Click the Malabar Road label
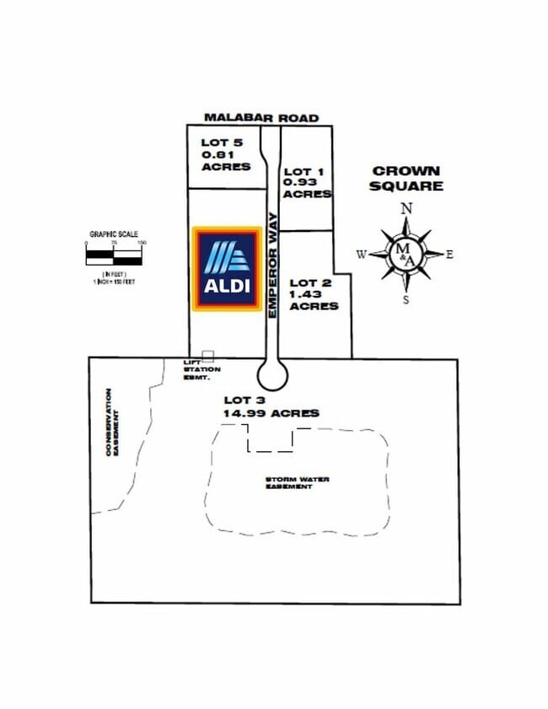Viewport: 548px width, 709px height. pyautogui.click(x=261, y=118)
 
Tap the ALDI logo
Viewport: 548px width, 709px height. pyautogui.click(x=227, y=270)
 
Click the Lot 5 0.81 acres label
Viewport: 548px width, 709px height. pyautogui.click(x=225, y=154)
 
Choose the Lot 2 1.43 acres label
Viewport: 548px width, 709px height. pyautogui.click(x=314, y=294)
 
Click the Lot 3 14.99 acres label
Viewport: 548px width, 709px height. pyautogui.click(x=271, y=406)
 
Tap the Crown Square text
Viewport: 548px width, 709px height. pyautogui.click(x=406, y=178)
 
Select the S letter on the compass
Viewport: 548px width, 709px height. pyautogui.click(x=406, y=299)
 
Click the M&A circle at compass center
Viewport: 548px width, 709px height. pyautogui.click(x=406, y=252)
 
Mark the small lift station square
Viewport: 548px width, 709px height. pyautogui.click(x=208, y=357)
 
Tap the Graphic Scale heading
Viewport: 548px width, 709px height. pyautogui.click(x=114, y=235)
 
